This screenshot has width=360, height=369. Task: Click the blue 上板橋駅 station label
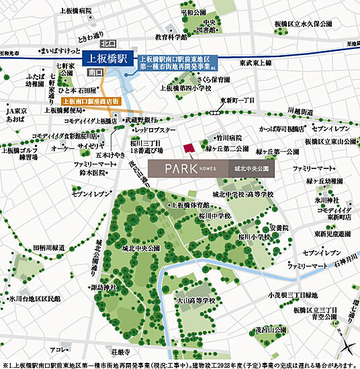108,58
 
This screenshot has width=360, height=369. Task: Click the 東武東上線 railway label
256,62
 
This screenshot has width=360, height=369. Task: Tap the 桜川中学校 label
214,216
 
